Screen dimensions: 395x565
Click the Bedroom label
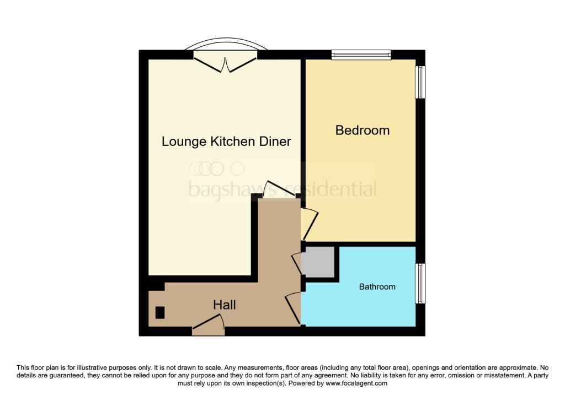(x=363, y=131)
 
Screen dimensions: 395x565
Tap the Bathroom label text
(x=377, y=286)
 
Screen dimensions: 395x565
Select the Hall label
(x=225, y=305)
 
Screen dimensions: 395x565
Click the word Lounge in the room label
(x=184, y=142)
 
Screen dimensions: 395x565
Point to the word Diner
(x=275, y=142)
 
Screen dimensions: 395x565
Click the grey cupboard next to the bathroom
(x=318, y=262)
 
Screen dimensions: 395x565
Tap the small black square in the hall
(x=160, y=312)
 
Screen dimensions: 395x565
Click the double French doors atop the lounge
(x=225, y=63)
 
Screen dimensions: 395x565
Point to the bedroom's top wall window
(x=361, y=55)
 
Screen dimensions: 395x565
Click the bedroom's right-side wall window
(x=420, y=83)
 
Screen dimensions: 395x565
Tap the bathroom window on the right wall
(x=420, y=283)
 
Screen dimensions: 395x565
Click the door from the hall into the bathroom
(x=294, y=309)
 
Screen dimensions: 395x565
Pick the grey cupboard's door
(x=297, y=263)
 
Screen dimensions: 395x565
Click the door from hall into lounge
(x=279, y=191)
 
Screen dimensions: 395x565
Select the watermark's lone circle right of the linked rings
(x=237, y=168)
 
